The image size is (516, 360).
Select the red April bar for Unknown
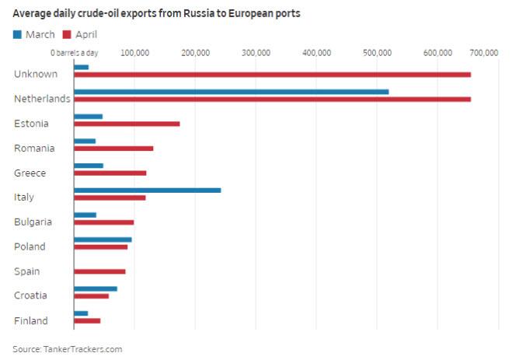coord(272,75)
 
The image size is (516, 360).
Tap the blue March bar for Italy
coord(147,190)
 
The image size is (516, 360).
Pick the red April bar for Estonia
coord(127,124)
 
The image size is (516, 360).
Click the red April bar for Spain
coord(99,271)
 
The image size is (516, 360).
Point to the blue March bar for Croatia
coord(95,288)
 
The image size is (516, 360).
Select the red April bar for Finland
coord(87,320)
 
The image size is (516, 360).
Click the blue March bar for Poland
coord(103,239)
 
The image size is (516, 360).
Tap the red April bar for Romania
coord(113,149)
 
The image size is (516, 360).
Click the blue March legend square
coord(18,34)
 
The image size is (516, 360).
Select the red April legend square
coord(68,34)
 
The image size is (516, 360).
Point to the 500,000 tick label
coord(376,53)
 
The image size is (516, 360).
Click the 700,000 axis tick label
coord(484,53)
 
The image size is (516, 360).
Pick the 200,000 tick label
coord(194,53)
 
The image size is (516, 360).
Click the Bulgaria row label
coord(33,222)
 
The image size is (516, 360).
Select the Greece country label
coord(30,173)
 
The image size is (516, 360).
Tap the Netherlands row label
coord(42,99)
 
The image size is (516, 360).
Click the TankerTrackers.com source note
coord(67,349)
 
